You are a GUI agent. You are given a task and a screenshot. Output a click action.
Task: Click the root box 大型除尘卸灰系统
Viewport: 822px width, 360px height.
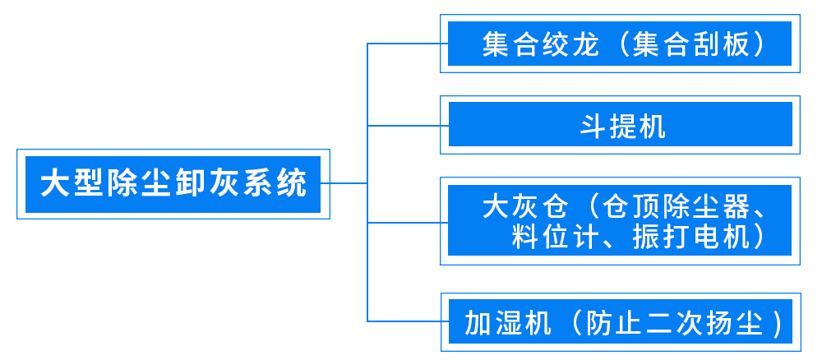[173, 183]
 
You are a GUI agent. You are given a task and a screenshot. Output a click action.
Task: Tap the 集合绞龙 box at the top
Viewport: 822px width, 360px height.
[621, 44]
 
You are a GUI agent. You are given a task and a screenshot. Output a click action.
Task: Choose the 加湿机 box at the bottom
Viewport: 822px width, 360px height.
[621, 322]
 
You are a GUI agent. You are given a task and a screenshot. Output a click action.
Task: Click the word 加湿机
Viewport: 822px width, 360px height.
[505, 322]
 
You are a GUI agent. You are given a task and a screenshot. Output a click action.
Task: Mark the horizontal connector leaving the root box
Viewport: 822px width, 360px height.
[348, 182]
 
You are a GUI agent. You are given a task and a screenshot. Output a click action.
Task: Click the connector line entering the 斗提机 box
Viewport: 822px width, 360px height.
[403, 126]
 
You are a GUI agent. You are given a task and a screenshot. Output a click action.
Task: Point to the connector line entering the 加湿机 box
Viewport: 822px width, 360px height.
[403, 321]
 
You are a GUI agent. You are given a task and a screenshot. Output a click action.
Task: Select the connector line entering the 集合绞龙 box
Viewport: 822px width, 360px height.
[403, 44]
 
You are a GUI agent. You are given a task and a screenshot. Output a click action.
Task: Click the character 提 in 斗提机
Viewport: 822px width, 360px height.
[621, 126]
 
